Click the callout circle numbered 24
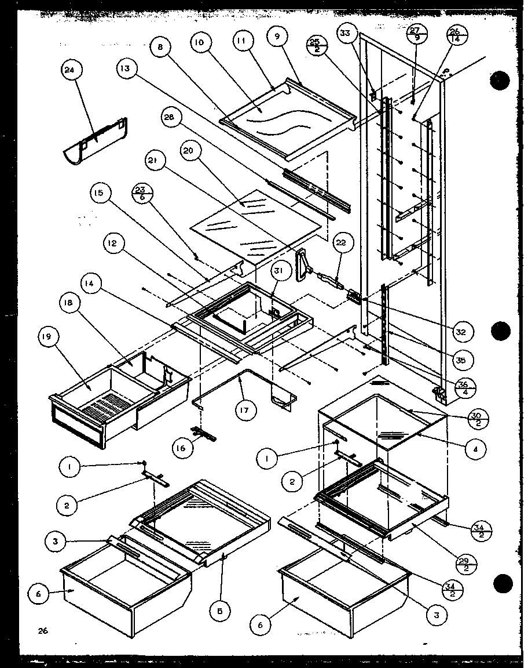coord(72,71)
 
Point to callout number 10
coord(200,43)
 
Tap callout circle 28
coord(168,119)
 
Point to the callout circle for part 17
coord(245,411)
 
